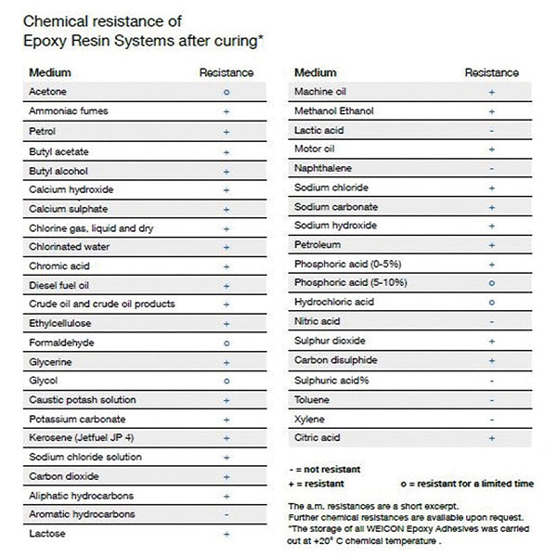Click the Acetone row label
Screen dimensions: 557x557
coord(48,92)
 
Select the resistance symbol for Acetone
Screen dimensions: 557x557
coord(227,92)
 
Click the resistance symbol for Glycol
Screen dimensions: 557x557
coord(227,381)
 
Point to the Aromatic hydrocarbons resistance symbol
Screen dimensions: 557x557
coord(227,514)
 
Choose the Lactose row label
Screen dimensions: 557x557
coord(47,534)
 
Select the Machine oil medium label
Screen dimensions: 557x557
coord(321,92)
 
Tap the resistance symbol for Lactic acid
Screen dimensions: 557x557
coord(491,131)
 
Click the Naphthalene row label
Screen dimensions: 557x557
coord(323,169)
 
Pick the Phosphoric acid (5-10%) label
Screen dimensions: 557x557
coord(351,283)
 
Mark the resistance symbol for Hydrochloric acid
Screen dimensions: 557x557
coord(491,303)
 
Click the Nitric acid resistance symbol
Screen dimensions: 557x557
coord(491,322)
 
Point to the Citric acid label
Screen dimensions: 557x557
coord(317,437)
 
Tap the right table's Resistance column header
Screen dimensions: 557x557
coord(491,72)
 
